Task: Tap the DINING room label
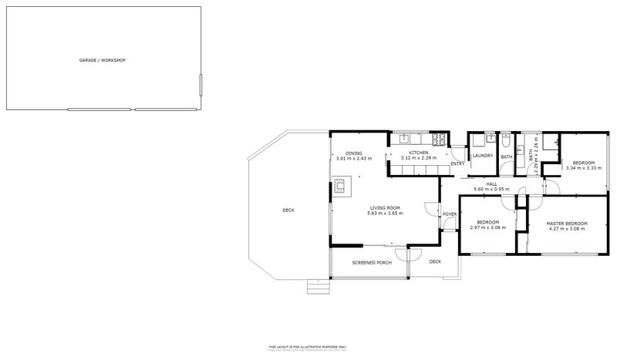(353, 153)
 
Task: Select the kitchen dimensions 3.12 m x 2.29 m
(419, 159)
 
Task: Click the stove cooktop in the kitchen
(438, 140)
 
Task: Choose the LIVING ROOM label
(384, 207)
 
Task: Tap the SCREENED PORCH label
(372, 263)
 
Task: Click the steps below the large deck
(316, 287)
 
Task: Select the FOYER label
(450, 214)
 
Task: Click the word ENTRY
(457, 163)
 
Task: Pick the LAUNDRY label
(482, 156)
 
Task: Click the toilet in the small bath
(505, 141)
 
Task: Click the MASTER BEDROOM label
(567, 223)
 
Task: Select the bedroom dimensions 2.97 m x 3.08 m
(486, 228)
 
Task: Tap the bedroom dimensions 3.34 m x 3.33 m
(582, 167)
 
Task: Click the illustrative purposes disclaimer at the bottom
(308, 348)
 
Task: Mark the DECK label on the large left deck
(288, 210)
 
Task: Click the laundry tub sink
(477, 140)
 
